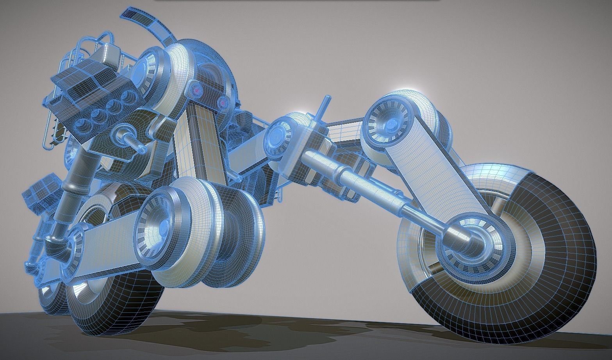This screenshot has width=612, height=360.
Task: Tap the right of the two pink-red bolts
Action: tap(223, 103)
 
